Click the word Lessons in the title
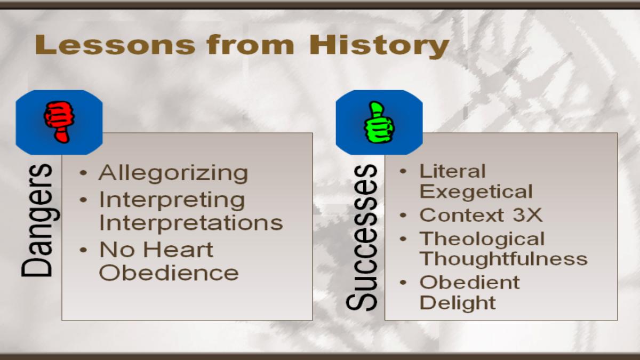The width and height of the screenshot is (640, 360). point(115,45)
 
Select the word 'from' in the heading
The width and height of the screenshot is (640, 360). point(251,44)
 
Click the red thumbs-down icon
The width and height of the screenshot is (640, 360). point(59,122)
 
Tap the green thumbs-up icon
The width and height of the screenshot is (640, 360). point(379,122)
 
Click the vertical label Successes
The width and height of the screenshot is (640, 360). point(361,238)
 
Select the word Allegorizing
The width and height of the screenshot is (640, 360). point(173,173)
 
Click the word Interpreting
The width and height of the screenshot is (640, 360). point(172,201)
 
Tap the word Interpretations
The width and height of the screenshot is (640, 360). point(191,222)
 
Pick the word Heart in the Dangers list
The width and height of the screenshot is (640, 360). point(178,249)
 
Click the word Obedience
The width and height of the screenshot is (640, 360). point(169,273)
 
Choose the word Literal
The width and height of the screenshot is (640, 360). point(453,171)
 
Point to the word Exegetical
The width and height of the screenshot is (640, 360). point(476,191)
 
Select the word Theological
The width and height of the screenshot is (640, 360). point(482,239)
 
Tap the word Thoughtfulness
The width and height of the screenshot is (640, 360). point(503,258)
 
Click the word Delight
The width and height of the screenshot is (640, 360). point(458,302)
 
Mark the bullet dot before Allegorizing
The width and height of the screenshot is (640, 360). point(83,173)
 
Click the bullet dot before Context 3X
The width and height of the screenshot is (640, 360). point(403,215)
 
